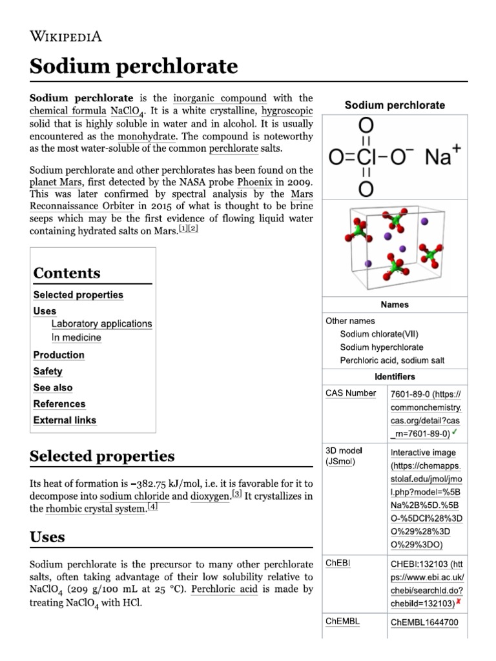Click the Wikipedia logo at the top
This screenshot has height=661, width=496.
pos(66,36)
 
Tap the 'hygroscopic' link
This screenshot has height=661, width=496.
pos(287,111)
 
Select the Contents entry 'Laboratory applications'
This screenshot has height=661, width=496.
pos(101,324)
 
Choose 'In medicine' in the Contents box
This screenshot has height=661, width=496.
pos(76,338)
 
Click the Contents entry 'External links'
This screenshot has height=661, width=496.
pos(65,420)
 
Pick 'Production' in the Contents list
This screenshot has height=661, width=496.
pos(59,355)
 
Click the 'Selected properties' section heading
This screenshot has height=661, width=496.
pos(102,456)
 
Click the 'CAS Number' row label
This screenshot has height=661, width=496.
pos(351,393)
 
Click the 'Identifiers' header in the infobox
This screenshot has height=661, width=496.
pos(395,376)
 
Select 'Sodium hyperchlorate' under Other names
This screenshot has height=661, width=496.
pos(382,347)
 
